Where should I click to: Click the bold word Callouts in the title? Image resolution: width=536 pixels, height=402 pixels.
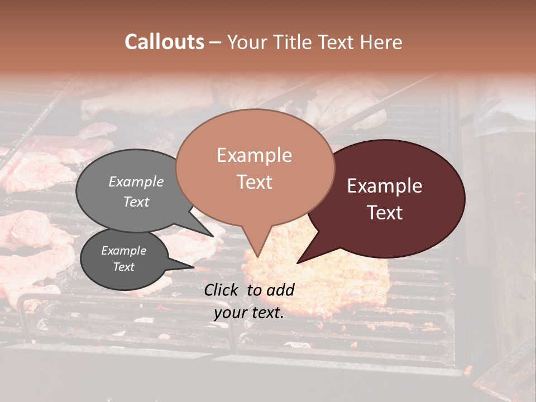164,42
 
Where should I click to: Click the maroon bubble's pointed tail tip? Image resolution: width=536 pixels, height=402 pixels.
298,262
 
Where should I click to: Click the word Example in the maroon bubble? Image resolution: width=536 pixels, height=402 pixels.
385,186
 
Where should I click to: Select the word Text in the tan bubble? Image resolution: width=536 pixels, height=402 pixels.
254,182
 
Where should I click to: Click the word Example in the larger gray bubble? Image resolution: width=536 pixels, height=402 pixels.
136,181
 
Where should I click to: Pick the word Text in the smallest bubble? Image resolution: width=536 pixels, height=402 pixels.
123,267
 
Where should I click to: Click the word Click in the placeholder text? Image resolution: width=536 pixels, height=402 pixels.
222,289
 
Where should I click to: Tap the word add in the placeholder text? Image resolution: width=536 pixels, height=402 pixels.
281,289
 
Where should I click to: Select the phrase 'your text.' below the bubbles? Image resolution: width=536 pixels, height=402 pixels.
249,313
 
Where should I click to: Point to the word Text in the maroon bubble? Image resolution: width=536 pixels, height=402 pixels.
385,212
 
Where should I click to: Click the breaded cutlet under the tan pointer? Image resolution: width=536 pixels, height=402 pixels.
324,279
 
